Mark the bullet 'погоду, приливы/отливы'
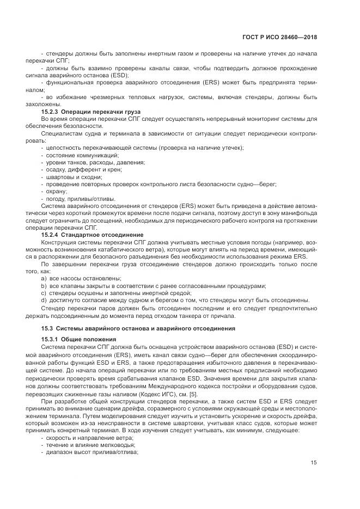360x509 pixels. [x=80, y=198]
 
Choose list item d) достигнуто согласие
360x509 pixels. [x=175, y=301]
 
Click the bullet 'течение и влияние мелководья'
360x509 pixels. [x=90, y=444]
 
